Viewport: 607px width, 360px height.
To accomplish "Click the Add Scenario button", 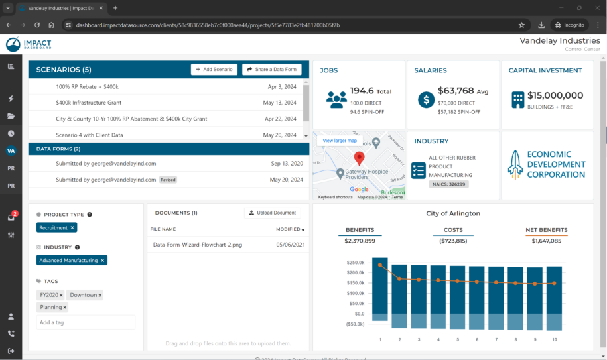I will (x=214, y=70).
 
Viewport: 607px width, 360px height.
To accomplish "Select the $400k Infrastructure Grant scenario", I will (x=89, y=103).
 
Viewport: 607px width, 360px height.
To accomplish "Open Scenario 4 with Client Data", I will (x=90, y=135).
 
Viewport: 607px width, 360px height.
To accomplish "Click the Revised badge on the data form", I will (x=168, y=180).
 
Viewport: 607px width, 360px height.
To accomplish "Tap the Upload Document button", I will (x=272, y=213).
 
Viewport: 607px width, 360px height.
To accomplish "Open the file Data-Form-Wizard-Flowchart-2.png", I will (x=197, y=245).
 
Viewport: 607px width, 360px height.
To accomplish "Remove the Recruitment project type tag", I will (x=73, y=227).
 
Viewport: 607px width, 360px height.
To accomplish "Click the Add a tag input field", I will (x=86, y=322).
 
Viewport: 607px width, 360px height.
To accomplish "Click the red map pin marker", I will (x=359, y=158).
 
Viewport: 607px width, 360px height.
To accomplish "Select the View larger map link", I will (x=340, y=141).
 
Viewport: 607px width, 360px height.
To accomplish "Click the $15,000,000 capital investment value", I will (x=555, y=95).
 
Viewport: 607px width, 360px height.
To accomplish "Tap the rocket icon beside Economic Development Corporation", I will (x=515, y=164).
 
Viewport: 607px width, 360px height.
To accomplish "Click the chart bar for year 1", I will (x=380, y=289).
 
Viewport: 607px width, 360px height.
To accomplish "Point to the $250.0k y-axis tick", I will (x=356, y=263).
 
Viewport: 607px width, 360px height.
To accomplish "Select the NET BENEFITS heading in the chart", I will (x=546, y=230).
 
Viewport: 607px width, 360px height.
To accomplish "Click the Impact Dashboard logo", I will (x=29, y=44).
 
